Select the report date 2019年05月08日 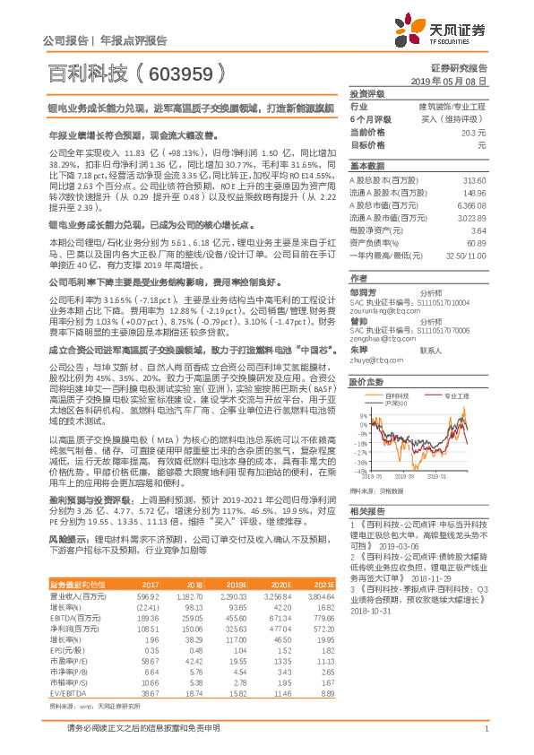[x=453, y=82]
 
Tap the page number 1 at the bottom [x=485, y=738]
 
